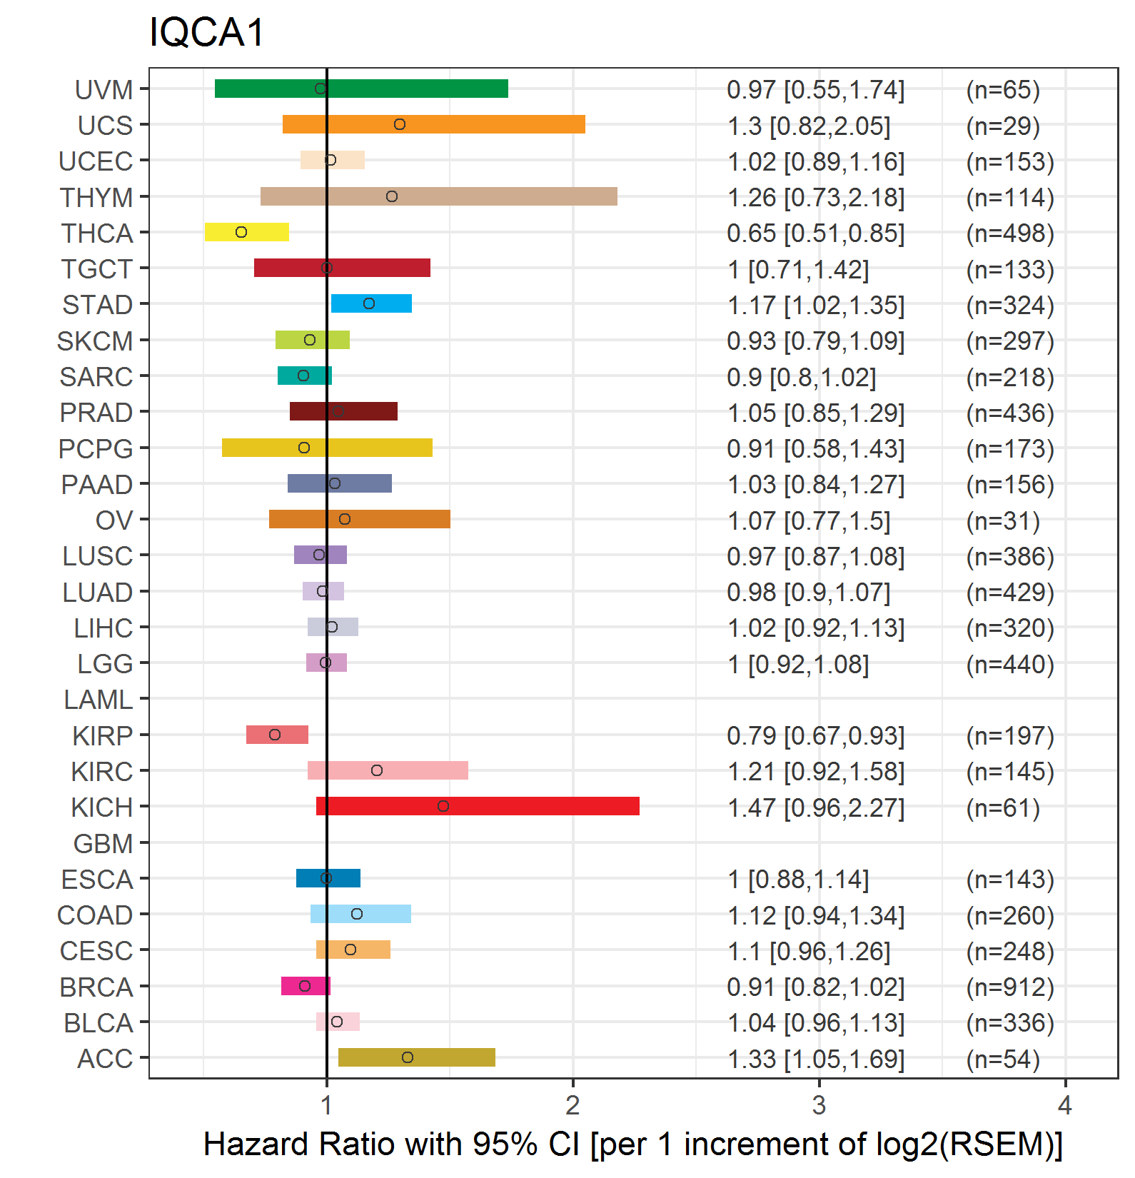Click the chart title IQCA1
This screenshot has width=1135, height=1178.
tap(206, 33)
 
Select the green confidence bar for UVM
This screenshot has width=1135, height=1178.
tap(361, 89)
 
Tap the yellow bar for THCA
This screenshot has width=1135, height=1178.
tap(247, 232)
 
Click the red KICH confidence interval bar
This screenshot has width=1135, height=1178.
tap(478, 806)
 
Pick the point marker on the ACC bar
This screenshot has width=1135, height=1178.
tap(408, 1057)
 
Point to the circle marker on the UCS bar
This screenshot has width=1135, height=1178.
tap(400, 124)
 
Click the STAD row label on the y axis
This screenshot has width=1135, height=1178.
tap(98, 305)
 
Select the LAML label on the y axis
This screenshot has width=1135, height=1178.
tap(99, 700)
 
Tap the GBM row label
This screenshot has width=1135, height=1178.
tap(104, 844)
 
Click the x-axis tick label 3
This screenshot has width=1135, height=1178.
tap(819, 1105)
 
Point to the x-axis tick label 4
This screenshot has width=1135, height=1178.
tap(1065, 1105)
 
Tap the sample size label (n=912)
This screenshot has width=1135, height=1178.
tap(1010, 987)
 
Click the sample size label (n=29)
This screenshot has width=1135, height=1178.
tap(1003, 126)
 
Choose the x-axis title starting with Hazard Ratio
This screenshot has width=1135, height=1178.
tap(633, 1144)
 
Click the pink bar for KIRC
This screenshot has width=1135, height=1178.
tap(388, 770)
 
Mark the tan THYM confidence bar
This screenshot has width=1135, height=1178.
tap(439, 196)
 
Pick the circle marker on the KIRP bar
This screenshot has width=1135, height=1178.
tap(275, 735)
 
